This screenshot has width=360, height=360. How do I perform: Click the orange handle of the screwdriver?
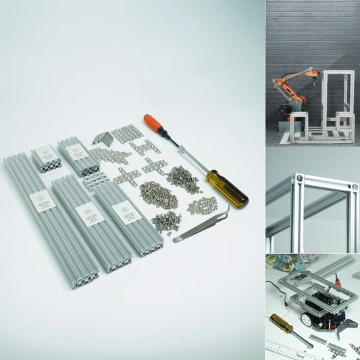pos(153,123)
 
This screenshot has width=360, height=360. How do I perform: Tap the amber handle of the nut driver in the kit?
pos(226,187)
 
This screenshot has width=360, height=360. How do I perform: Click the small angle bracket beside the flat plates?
pos(103,138)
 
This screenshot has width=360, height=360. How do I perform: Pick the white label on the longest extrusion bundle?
pos(43,201)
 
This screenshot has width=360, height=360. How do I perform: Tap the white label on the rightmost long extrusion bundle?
pos(126,211)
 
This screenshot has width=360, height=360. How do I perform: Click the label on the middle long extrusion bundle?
pos(89,214)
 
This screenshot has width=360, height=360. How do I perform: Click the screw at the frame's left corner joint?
pos(299,178)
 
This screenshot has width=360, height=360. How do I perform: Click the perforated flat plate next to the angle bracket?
pos(126,133)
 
